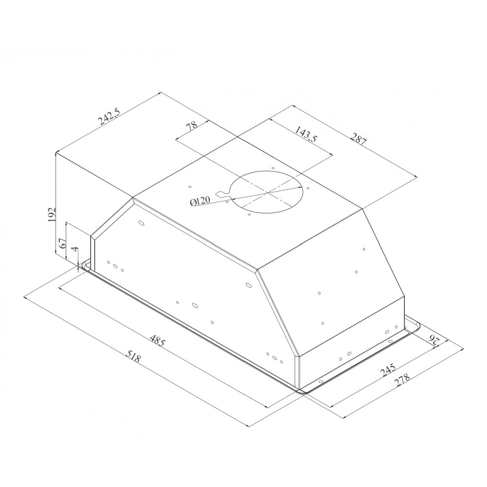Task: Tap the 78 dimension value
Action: [191, 126]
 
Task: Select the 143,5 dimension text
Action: [305, 134]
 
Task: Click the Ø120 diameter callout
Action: [200, 201]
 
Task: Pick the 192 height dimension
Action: [52, 215]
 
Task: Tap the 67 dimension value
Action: [62, 243]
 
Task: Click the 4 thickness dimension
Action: [74, 249]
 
